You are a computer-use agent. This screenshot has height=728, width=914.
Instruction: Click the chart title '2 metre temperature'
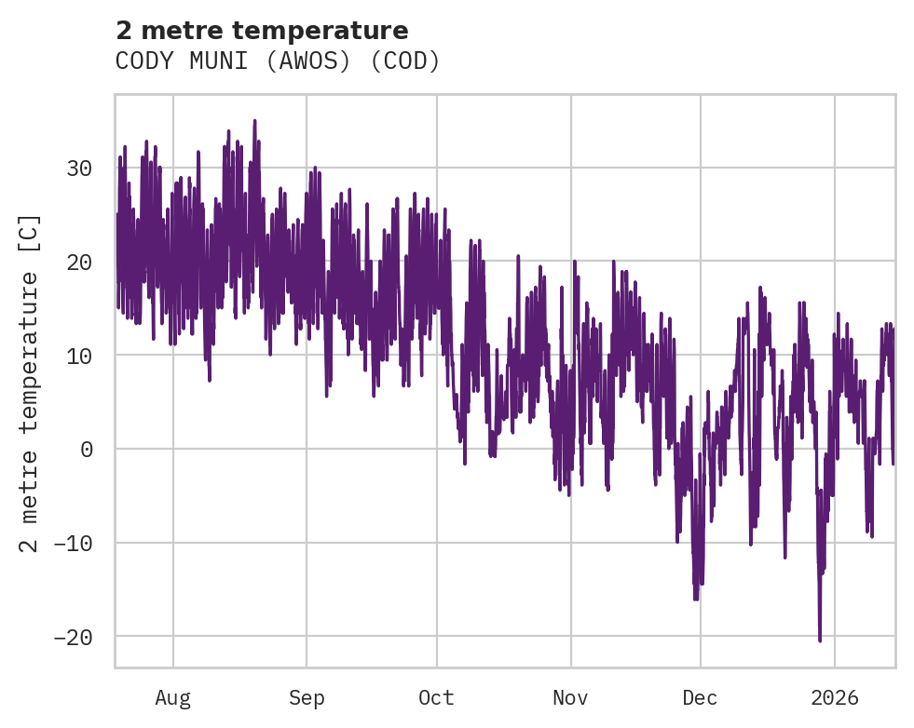coord(262,31)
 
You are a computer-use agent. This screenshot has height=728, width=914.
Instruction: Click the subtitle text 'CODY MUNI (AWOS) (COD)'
coord(278,61)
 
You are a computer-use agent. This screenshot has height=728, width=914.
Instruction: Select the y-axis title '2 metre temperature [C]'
coord(30,384)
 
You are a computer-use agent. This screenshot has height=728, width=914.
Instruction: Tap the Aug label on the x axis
coord(173,697)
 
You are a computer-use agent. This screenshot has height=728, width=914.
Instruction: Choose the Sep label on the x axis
coord(306,697)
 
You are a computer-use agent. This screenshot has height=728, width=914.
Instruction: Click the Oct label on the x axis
coord(436,697)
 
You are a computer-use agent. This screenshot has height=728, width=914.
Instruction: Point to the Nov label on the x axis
coord(570,697)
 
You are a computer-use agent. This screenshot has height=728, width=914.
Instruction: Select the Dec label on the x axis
coord(700,697)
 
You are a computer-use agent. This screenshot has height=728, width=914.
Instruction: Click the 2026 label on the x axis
coord(835,697)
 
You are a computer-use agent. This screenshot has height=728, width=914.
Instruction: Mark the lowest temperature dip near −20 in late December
coord(820,640)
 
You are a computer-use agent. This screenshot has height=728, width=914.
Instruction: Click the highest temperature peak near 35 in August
coord(254,121)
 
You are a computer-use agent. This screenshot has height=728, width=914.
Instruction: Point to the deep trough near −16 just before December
coord(696,599)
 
